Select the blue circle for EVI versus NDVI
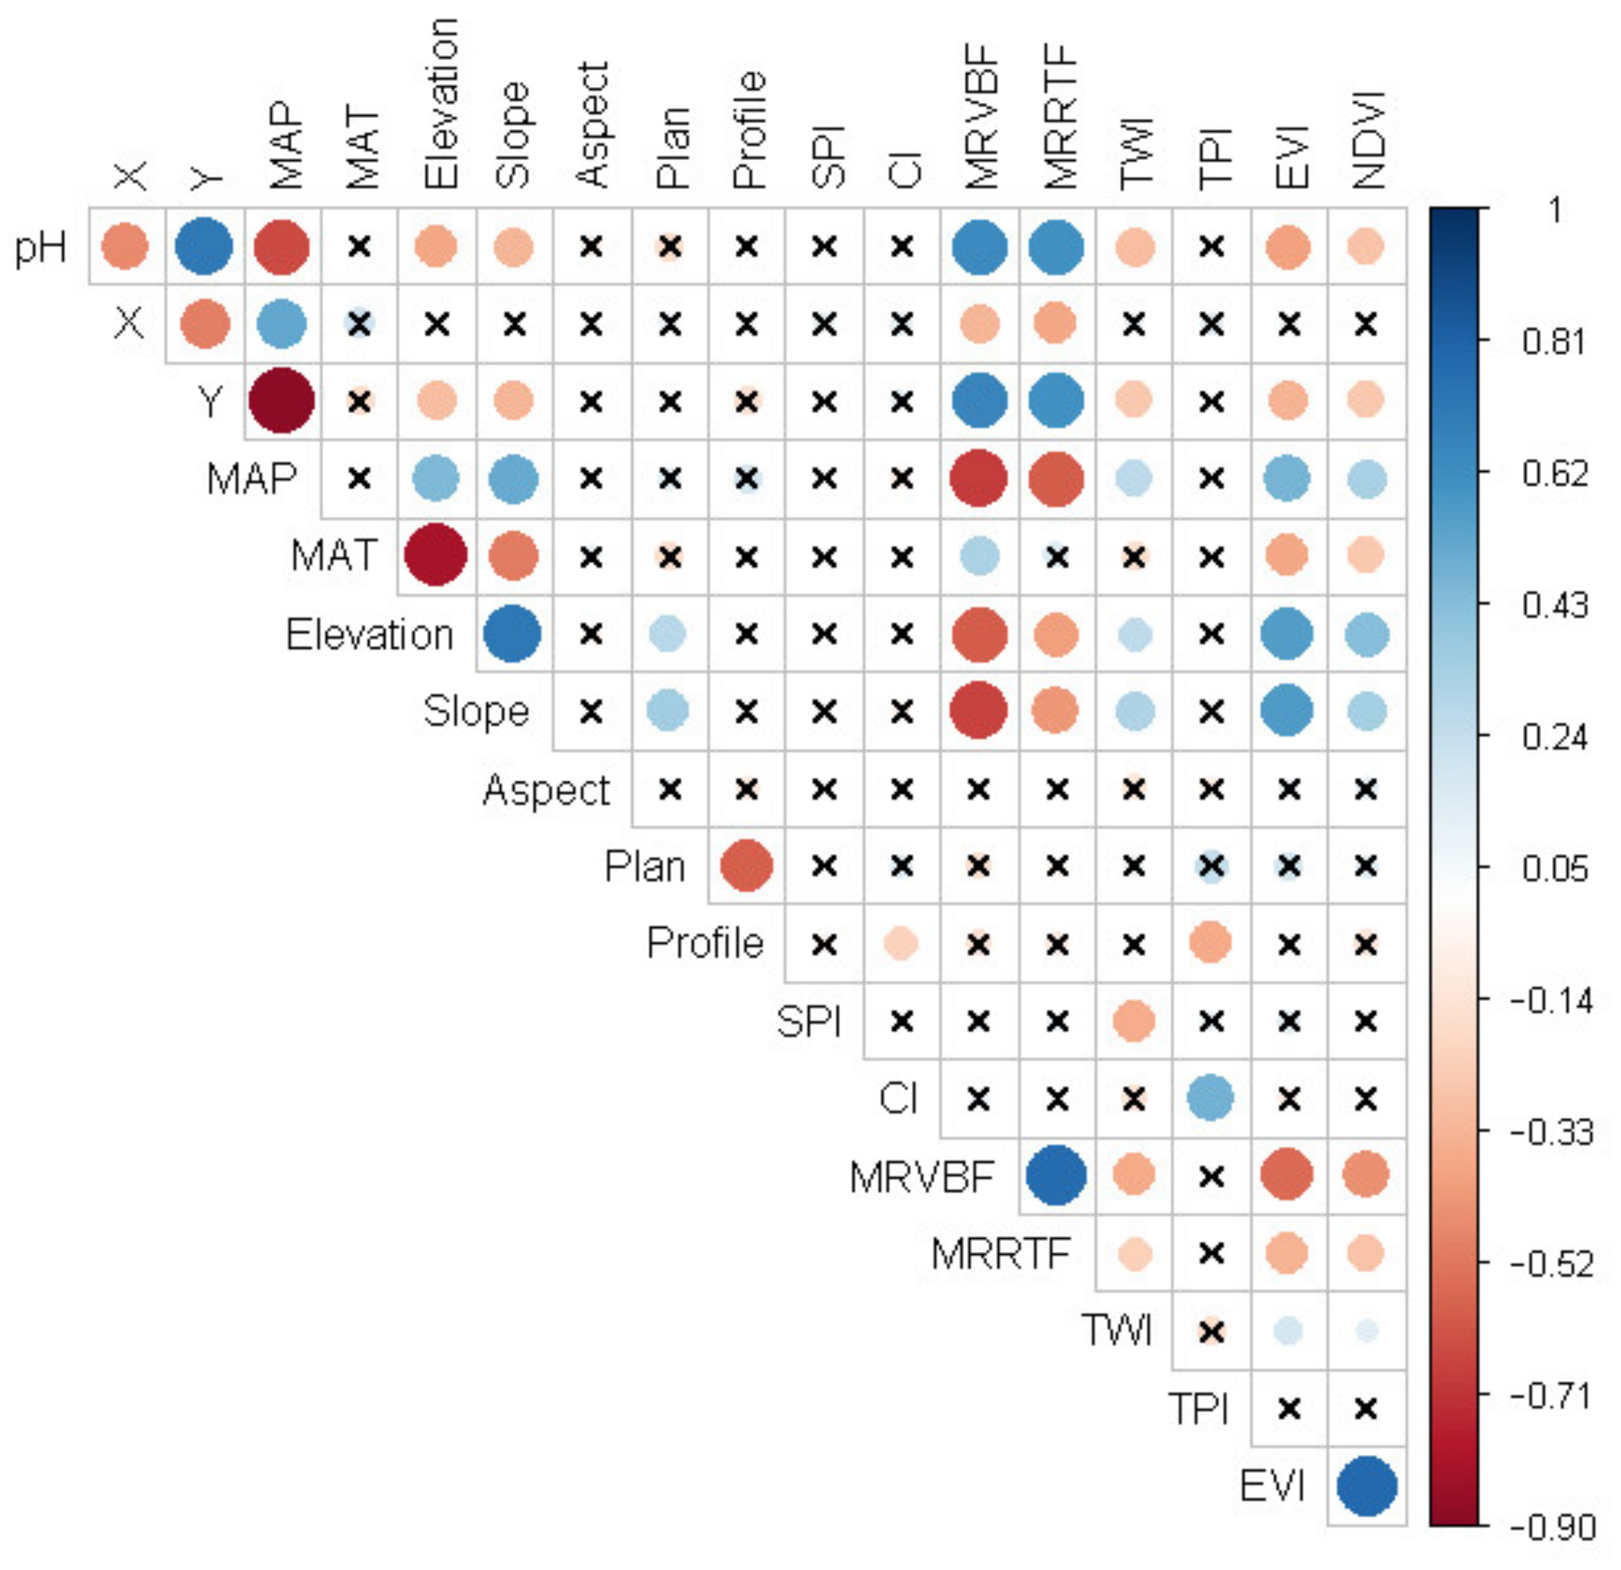click(1366, 1487)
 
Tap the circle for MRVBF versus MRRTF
click(1056, 1175)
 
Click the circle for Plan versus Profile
click(747, 866)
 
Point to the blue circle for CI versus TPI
click(1211, 1098)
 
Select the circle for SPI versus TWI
click(1134, 1021)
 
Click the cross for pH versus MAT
click(359, 246)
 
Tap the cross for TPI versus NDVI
click(1366, 1408)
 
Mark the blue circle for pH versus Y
click(203, 246)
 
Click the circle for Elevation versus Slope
click(513, 634)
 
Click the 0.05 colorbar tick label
click(1555, 868)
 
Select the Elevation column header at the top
click(440, 103)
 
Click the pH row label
click(40, 246)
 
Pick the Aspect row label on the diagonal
click(546, 790)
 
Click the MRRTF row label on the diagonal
click(1001, 1254)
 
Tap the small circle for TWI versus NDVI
click(1366, 1331)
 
